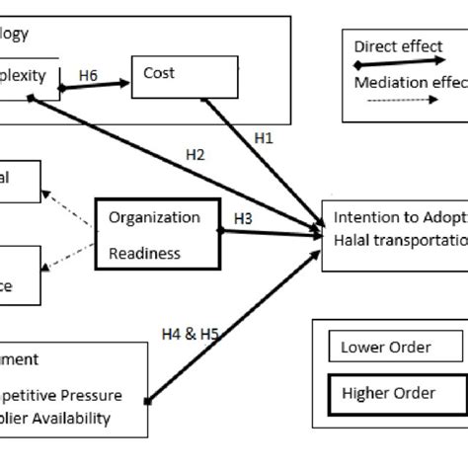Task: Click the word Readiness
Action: tap(145, 253)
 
